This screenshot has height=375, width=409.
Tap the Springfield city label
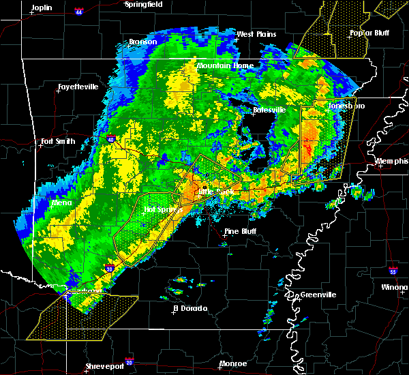[145, 4]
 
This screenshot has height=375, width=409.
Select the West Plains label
[254, 34]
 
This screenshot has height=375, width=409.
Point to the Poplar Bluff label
[366, 33]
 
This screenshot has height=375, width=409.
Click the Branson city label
[143, 42]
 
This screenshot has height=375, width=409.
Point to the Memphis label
[393, 162]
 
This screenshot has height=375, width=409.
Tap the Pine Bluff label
[241, 232]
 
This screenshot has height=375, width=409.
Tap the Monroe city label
[233, 363]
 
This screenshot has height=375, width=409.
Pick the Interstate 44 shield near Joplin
[78, 12]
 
